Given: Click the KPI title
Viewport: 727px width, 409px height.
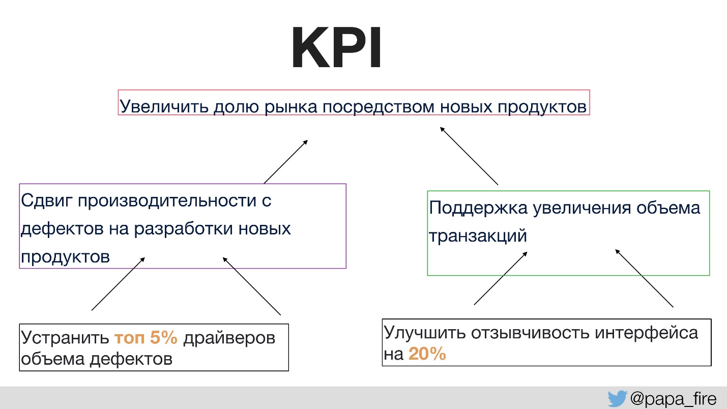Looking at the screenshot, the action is point(336,47).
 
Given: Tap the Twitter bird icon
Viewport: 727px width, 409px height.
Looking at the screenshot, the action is point(617,398).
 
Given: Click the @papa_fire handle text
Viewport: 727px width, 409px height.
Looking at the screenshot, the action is point(673,399).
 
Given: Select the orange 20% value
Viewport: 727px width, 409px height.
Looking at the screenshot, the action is point(427,354).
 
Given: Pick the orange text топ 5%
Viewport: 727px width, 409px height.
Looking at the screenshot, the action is point(146,337).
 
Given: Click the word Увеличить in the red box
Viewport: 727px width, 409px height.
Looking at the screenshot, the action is point(164,106).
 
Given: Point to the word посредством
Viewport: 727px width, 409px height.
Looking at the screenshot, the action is point(378,107).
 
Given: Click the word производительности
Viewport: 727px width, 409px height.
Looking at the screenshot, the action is point(167,201).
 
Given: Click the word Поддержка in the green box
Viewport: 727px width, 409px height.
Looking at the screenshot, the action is point(478,208).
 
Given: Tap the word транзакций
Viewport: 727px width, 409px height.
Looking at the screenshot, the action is point(477,236).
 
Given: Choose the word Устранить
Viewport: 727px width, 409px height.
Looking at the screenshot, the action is point(65,338).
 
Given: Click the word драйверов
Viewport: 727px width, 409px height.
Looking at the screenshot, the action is point(229,338).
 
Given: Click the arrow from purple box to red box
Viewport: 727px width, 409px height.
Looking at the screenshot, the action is point(285,162).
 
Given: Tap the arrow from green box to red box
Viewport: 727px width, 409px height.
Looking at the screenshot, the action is point(469,156).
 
